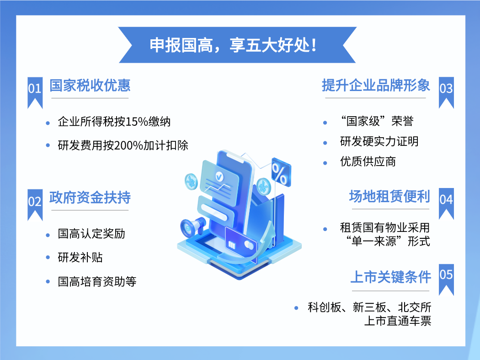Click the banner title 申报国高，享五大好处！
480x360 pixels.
coord(233,45)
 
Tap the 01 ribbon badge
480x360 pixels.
coord(35,92)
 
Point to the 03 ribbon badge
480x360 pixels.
coord(446,92)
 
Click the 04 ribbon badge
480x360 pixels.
coord(446,204)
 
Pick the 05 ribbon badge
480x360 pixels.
coord(446,279)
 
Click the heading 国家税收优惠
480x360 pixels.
coord(90,85)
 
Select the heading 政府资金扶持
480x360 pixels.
coord(90,197)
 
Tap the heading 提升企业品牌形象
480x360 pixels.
coord(376,85)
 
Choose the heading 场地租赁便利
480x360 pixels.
coord(389,196)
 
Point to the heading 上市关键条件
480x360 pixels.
coord(390,277)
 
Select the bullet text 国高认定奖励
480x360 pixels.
coord(91,234)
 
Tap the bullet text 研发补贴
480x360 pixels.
coord(80,258)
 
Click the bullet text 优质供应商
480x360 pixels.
coord(368,161)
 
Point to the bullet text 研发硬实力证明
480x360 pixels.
coord(379,141)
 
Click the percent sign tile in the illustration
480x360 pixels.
coord(280,172)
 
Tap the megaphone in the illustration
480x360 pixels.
coord(193,227)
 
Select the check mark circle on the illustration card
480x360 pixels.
coord(219,176)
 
